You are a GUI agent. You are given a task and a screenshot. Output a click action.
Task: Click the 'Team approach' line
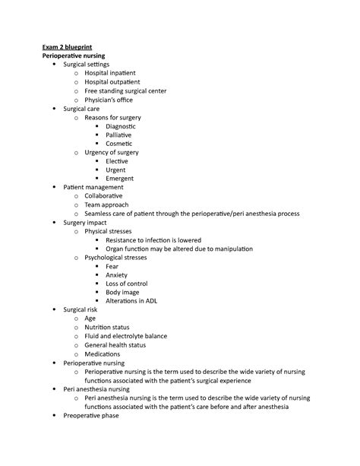tap(107, 205)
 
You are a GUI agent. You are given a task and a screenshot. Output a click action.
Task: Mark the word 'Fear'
tap(112, 267)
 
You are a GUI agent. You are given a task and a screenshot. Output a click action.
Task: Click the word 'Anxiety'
tap(118, 275)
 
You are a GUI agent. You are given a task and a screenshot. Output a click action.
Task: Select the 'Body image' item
tap(122, 293)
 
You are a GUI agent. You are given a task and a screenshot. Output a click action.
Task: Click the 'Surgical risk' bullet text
tap(84, 310)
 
